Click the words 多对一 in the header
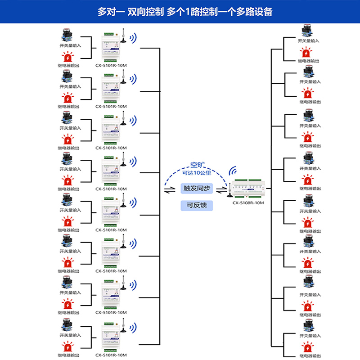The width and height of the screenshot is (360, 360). pos(110,12)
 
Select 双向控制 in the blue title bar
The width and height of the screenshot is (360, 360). pos(144,12)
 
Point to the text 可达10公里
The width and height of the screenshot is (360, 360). pos(197,173)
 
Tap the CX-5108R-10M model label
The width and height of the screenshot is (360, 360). pos(248,203)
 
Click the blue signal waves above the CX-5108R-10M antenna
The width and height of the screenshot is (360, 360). pos(234,171)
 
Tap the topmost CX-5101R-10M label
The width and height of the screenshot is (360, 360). pos(111,65)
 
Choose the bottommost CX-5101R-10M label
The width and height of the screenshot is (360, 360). pos(111,354)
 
